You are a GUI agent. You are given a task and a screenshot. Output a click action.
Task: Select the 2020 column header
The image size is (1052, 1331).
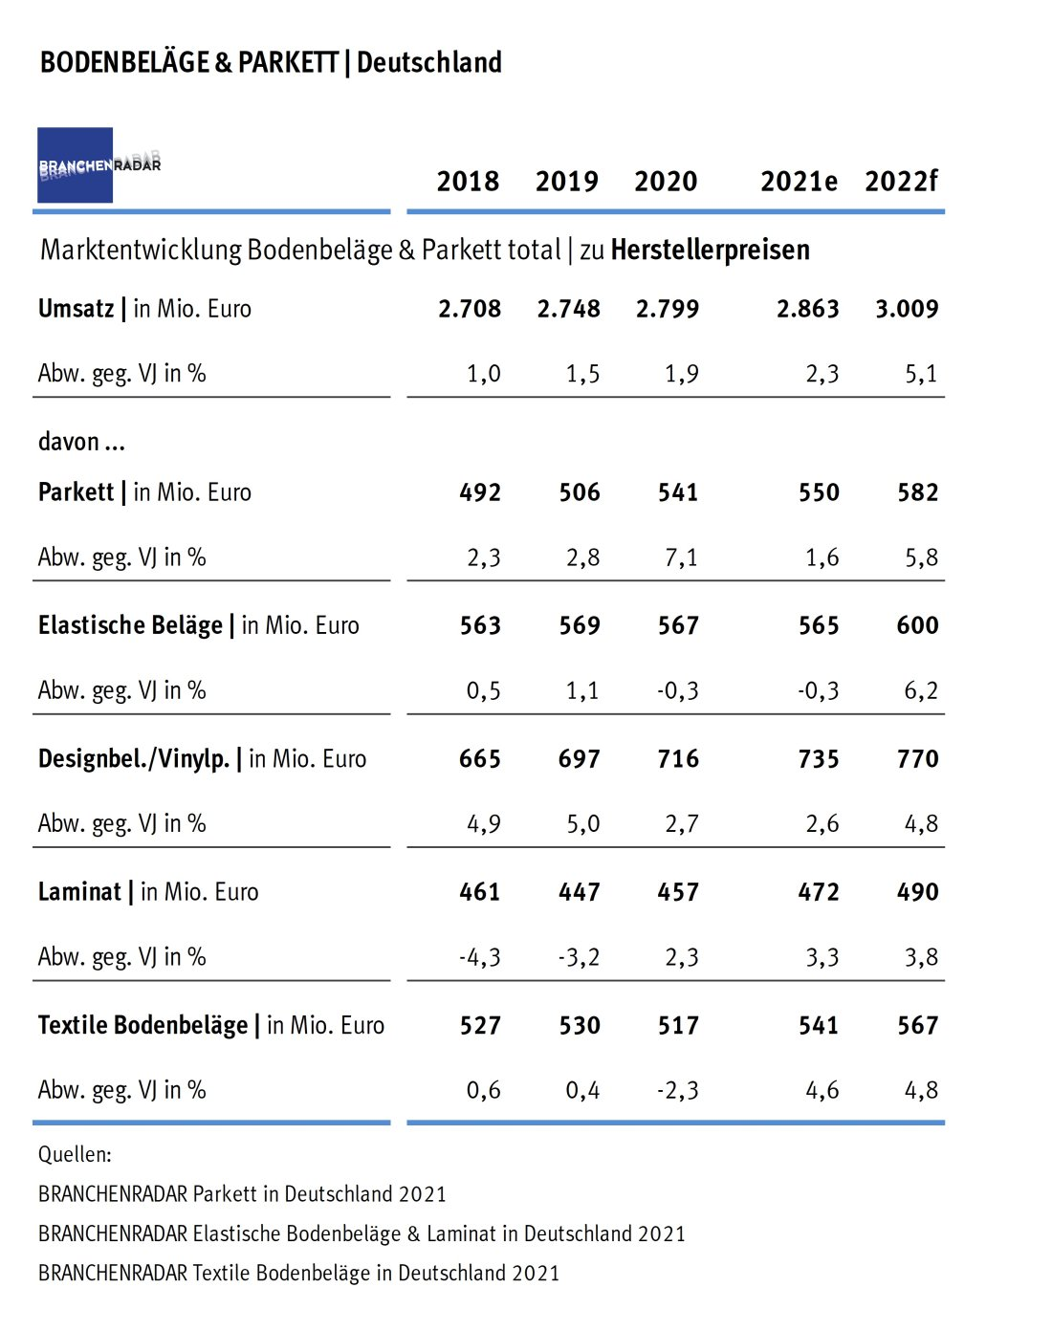pyautogui.click(x=666, y=181)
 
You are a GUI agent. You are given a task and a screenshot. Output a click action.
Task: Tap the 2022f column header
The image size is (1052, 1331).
pyautogui.click(x=901, y=181)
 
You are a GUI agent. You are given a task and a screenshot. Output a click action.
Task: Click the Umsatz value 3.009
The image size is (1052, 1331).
pyautogui.click(x=907, y=309)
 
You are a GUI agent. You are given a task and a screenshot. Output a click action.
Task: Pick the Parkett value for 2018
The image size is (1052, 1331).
pyautogui.click(x=480, y=492)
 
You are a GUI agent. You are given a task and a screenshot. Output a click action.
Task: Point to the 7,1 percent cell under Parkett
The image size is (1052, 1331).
pyautogui.click(x=681, y=557)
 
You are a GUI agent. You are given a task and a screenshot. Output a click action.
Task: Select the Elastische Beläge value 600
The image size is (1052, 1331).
pyautogui.click(x=917, y=625)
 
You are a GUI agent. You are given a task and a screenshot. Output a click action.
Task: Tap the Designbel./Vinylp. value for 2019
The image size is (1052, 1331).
pyautogui.click(x=580, y=759)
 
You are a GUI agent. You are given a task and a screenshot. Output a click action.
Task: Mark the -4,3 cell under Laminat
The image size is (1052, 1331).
pyautogui.click(x=480, y=957)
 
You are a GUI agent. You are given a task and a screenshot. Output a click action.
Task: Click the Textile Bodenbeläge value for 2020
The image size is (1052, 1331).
pyautogui.click(x=678, y=1026)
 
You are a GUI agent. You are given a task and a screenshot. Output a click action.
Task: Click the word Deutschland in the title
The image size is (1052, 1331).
pyautogui.click(x=429, y=63)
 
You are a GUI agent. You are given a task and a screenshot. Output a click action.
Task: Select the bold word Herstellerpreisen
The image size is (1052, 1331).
pyautogui.click(x=710, y=251)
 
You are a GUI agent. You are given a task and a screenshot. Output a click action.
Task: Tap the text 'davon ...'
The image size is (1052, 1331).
pyautogui.click(x=81, y=442)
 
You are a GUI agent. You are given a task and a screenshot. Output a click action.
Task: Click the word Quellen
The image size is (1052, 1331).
pyautogui.click(x=75, y=1154)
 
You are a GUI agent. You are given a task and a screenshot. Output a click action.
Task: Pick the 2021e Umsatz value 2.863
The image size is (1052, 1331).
pyautogui.click(x=807, y=309)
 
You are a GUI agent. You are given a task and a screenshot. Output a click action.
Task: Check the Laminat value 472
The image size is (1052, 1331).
pyautogui.click(x=819, y=892)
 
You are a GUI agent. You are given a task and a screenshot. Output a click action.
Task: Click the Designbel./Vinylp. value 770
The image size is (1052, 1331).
pyautogui.click(x=917, y=759)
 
